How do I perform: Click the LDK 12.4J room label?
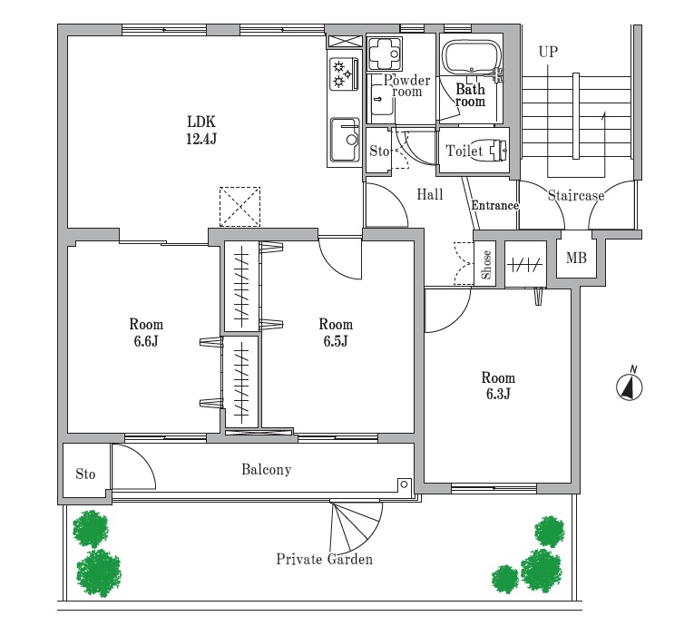pos(201,130)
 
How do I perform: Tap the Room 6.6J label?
pos(146,332)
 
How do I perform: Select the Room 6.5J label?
pos(336,332)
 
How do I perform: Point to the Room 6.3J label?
pos(498,386)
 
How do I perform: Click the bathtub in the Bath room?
pos(472,57)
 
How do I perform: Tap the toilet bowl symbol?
pos(498,151)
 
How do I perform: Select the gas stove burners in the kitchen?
pos(344,73)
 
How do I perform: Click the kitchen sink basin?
pos(346,141)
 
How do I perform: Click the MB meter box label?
pos(576,258)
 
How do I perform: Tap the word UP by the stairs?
pos(548,52)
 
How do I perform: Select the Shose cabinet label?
pos(486,265)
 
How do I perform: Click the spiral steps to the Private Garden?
pos(356,525)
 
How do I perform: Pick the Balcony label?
pos(267,469)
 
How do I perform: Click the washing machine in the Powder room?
pos(384,54)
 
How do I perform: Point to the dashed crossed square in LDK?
pos(239,207)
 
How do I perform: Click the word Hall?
pos(430,194)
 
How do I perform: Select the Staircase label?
pos(576,195)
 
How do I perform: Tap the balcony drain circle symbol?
pos(404,484)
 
